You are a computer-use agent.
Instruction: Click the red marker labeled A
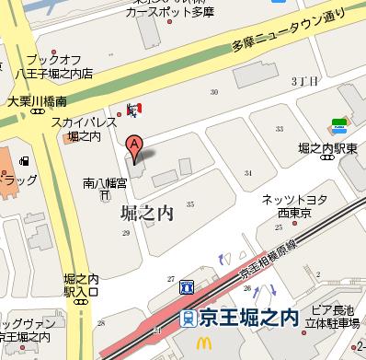pos(134,145)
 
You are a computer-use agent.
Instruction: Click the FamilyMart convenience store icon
pos(338,122)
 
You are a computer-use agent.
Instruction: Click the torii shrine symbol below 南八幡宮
pos(107,196)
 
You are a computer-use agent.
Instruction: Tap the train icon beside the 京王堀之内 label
pos(189,318)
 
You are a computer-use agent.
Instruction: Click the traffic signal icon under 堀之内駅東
pos(325,158)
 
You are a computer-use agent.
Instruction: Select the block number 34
pos(247,172)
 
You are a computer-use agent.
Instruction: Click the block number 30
pos(214,92)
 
